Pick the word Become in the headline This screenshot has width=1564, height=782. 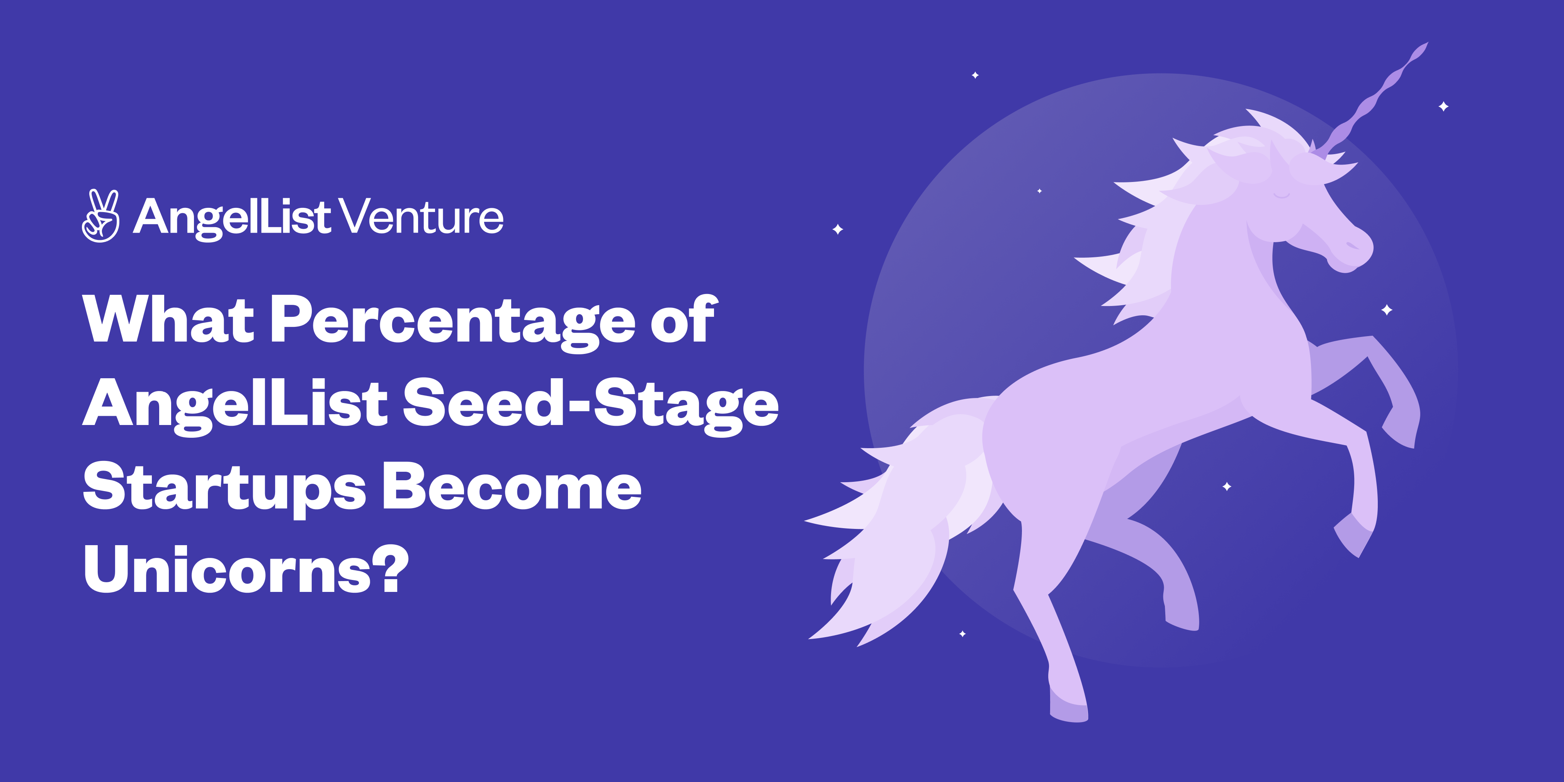(512, 488)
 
